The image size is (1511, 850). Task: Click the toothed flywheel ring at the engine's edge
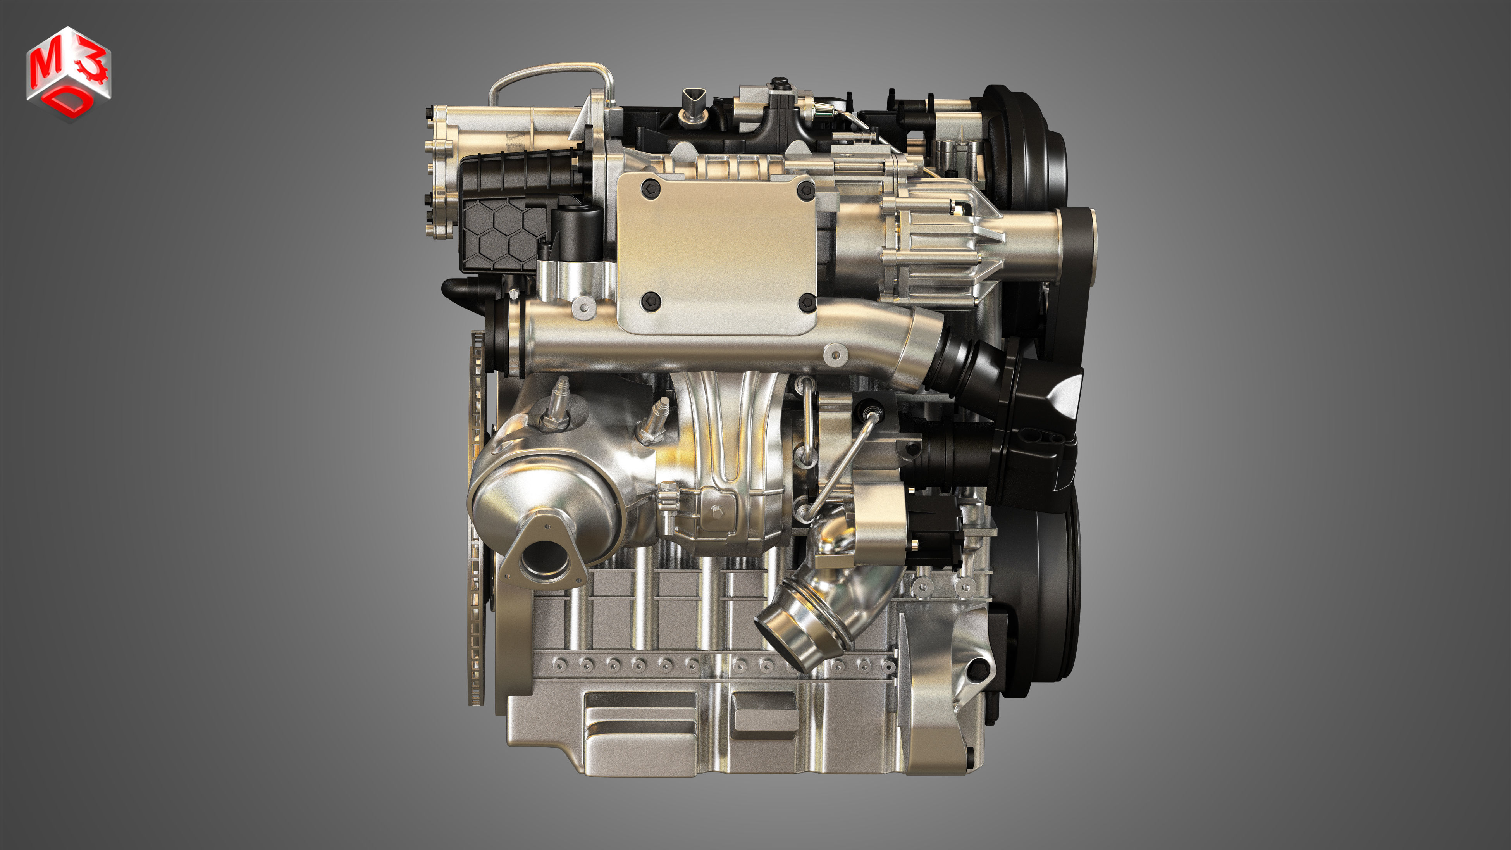pos(476,516)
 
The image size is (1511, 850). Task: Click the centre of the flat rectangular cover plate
pos(716,252)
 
